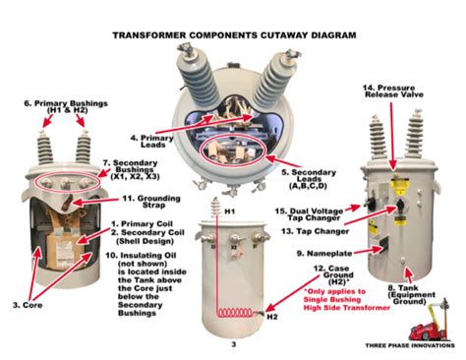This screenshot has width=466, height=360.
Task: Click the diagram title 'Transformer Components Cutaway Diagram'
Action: click(234, 35)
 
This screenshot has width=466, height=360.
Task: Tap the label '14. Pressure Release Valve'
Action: click(392, 91)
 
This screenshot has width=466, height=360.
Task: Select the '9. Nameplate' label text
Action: click(324, 254)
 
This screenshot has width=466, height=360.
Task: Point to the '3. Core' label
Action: click(28, 305)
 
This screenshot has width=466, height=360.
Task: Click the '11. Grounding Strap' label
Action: click(151, 202)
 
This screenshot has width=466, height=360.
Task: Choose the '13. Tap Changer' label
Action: click(315, 231)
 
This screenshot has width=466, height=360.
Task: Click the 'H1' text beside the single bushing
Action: click(229, 211)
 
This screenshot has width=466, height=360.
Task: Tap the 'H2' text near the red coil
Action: click(272, 317)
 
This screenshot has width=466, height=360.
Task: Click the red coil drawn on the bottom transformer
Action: click(235, 313)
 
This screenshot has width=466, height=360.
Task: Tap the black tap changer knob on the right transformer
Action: click(400, 206)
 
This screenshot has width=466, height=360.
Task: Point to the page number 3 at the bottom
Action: click(233, 344)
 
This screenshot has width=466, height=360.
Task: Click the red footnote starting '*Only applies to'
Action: click(346, 300)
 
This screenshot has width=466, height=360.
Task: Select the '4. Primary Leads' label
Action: click(152, 142)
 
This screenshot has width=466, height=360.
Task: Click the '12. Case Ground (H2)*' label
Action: click(333, 275)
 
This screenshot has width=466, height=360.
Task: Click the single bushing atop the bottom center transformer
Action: click(215, 207)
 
